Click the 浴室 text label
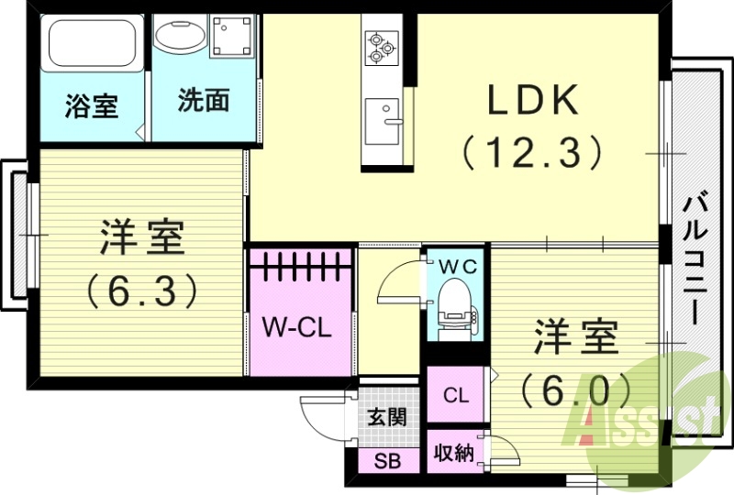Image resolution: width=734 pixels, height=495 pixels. [92, 105]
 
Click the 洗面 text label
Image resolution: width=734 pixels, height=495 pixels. [203, 101]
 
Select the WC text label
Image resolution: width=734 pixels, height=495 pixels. [456, 266]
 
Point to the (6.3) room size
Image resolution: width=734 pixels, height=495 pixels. [142, 291]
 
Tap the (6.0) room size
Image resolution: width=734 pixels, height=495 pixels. [576, 390]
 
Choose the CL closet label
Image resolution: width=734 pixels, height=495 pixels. [456, 396]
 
